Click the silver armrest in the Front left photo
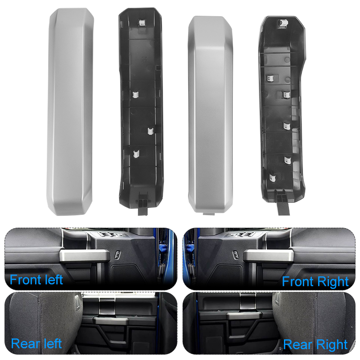click(85, 256)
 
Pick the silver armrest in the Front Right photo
click(268, 256)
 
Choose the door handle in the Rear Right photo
click(243, 316)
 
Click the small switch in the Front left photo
click(117, 255)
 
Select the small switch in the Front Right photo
click(236, 255)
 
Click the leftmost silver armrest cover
click(71, 112)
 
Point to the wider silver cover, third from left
click(211, 114)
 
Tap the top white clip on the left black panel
click(141, 22)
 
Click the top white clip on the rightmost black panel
click(283, 23)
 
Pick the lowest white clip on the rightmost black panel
click(272, 177)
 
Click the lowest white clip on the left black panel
click(136, 154)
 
